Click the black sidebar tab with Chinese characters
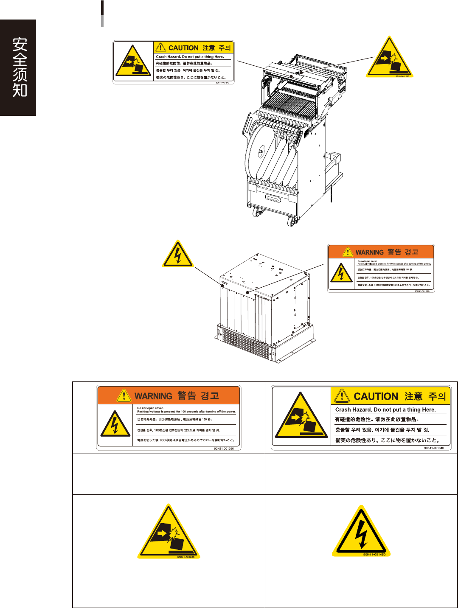[18, 67]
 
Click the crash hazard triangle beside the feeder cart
[389, 59]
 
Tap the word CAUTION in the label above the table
[183, 48]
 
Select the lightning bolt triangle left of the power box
[178, 255]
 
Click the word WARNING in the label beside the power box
[369, 252]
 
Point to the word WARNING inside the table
[153, 396]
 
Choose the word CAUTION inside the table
[375, 396]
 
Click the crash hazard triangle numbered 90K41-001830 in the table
[169, 533]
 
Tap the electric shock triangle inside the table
[361, 532]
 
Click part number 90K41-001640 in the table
[434, 448]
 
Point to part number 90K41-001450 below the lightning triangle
[374, 554]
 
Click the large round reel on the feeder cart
[259, 151]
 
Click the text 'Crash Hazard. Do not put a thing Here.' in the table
[385, 409]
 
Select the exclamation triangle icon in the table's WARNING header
[124, 396]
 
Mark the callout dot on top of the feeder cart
[301, 73]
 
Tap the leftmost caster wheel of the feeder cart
[256, 213]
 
